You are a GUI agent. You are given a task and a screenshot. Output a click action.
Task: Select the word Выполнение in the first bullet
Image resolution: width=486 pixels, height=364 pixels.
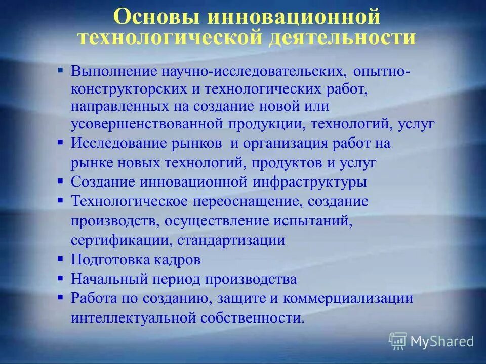[115, 71]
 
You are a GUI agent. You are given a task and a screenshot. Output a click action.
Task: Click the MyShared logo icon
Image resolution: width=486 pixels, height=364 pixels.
[398, 341]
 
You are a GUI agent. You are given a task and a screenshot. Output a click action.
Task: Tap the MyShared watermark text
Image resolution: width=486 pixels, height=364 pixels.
[442, 341]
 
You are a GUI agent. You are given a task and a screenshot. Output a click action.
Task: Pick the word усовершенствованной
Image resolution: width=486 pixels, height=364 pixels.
[148, 124]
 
